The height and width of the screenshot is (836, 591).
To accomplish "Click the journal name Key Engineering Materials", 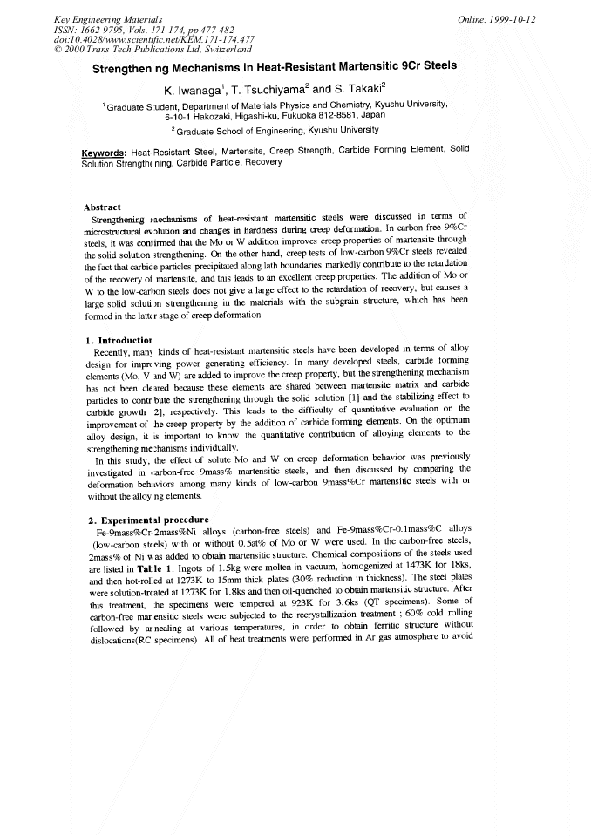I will pos(101,19).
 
